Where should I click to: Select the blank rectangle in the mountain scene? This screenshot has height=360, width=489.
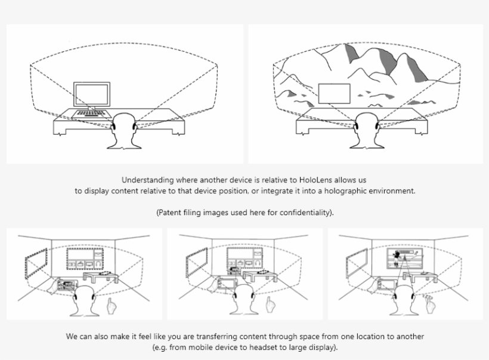(x=334, y=95)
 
